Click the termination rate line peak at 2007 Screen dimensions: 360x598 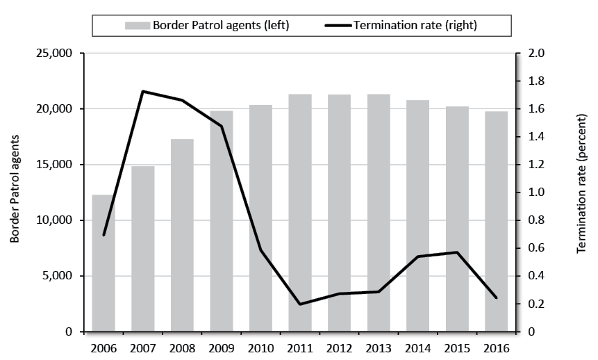point(143,91)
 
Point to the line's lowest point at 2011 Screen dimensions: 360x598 point(300,304)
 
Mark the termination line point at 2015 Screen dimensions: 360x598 point(456,252)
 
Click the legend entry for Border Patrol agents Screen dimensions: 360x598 point(207,26)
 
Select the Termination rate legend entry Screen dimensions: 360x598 point(415,26)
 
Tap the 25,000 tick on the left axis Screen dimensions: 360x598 point(55,54)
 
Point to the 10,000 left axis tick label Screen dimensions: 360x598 point(55,220)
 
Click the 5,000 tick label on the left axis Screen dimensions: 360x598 point(58,276)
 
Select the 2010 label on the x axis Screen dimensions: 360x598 point(260,347)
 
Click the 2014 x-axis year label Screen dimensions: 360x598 point(417,347)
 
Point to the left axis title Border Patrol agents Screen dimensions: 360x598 point(15,193)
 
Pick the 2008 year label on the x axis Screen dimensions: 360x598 point(182,347)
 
